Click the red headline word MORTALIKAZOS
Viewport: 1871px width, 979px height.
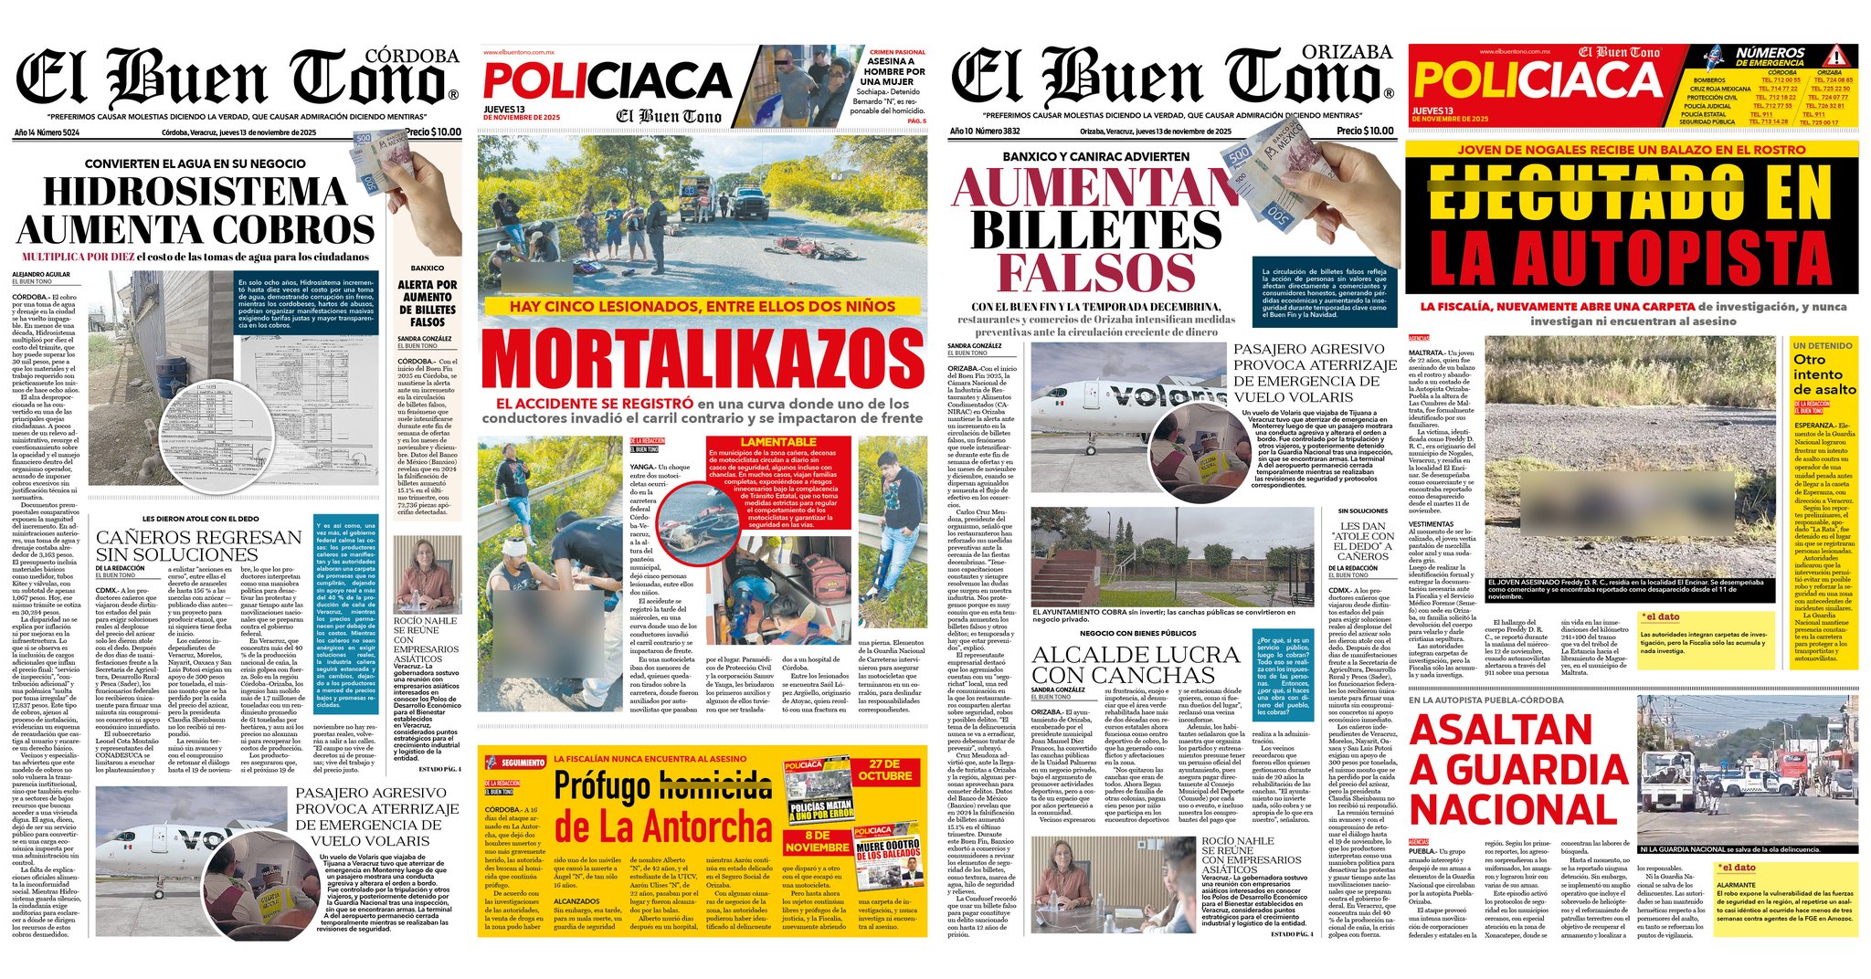pos(702,358)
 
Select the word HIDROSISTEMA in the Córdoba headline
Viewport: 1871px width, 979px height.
pos(195,192)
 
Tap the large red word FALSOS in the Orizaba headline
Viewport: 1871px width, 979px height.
pos(1095,271)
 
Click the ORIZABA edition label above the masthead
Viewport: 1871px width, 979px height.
pos(1348,52)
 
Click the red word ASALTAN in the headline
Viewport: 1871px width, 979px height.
pos(1501,731)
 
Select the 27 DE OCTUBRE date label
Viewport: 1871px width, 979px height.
pos(884,770)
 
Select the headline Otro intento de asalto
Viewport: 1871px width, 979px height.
pos(1823,374)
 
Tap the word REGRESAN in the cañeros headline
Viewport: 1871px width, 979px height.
pos(245,537)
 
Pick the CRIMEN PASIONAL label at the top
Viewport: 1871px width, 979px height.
pos(897,52)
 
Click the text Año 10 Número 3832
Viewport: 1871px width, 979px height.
pos(984,132)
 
